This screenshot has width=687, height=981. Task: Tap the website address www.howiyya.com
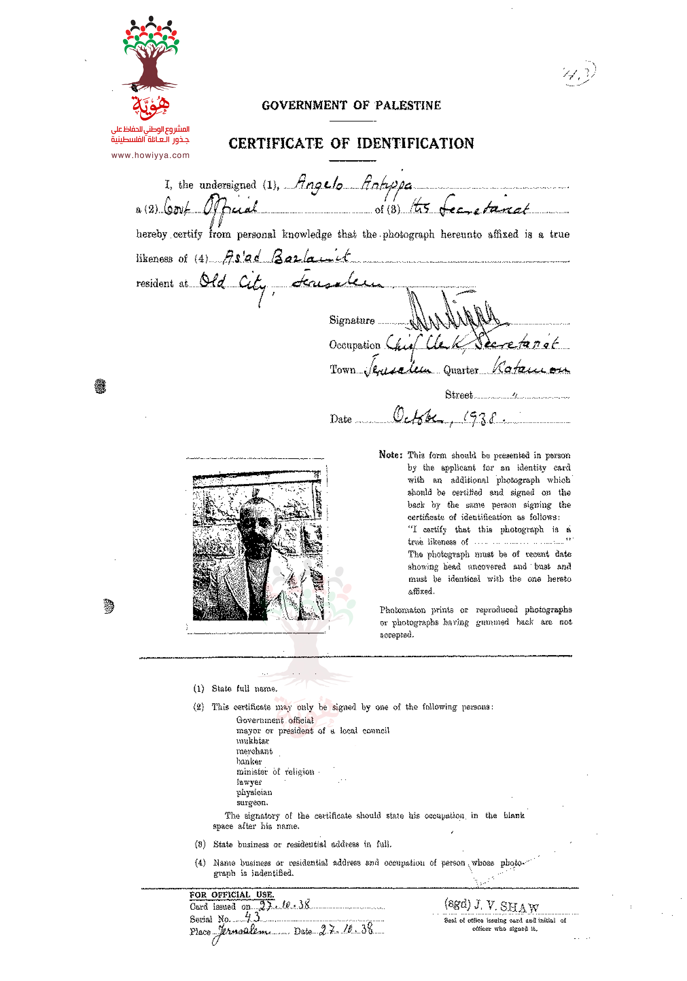151,155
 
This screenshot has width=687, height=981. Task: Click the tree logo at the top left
151,53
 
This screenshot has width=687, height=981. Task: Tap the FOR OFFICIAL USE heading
232,895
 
